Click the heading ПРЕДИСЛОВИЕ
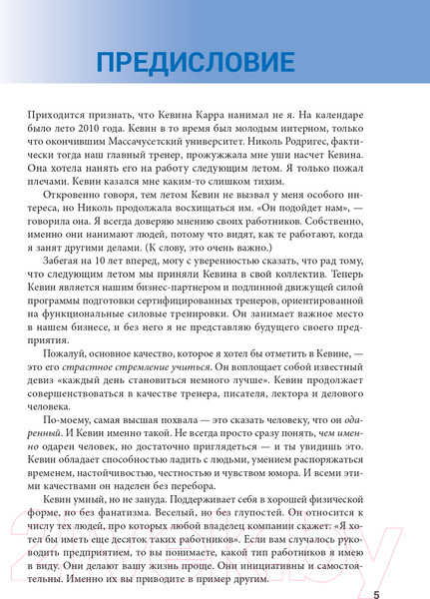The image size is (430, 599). click(197, 62)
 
